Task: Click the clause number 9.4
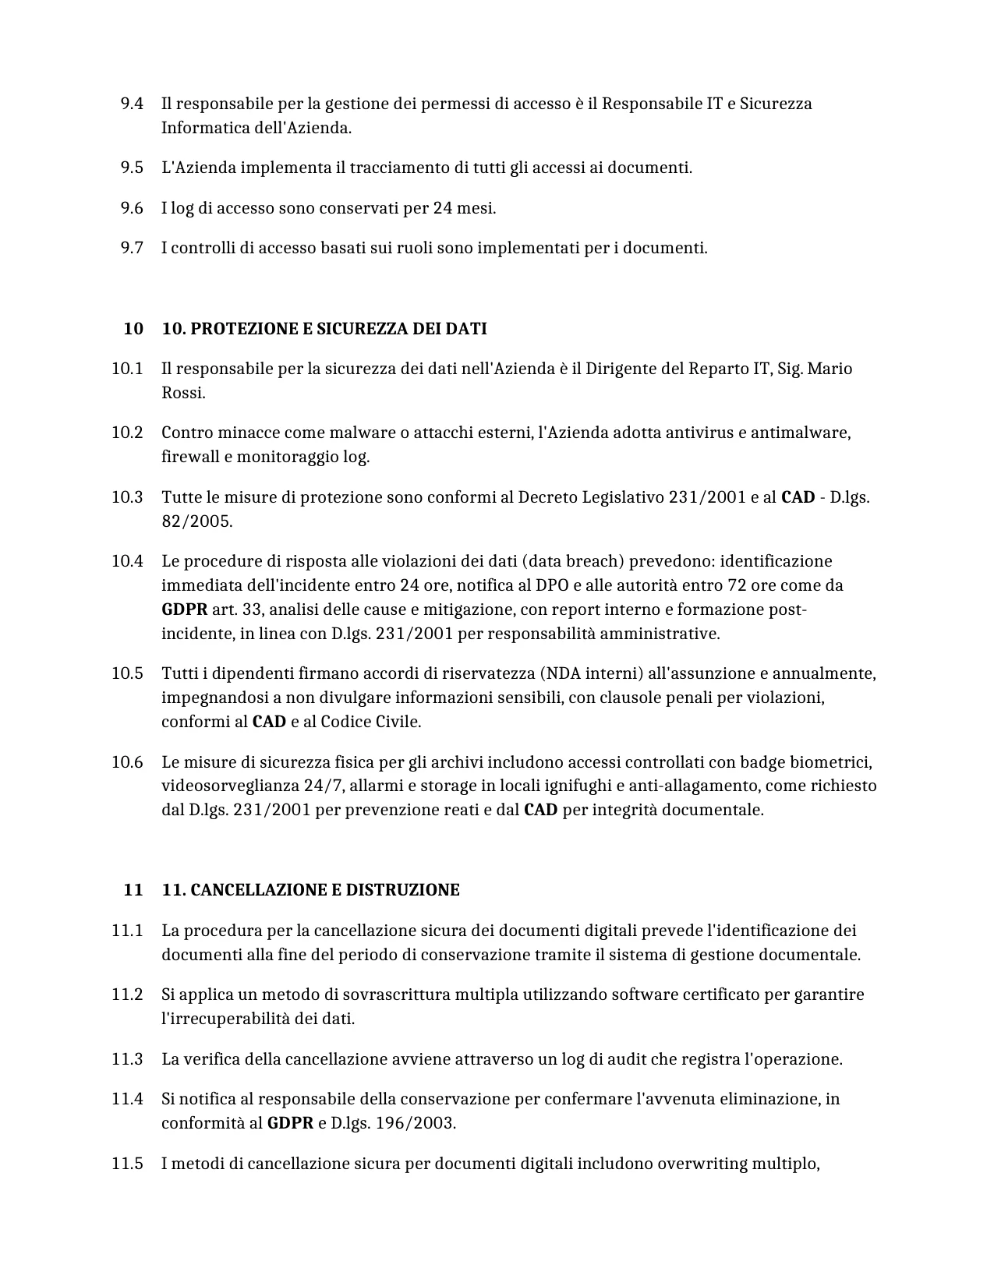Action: (x=132, y=104)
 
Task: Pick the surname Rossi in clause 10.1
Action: (x=182, y=393)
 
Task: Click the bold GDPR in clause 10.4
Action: (x=184, y=609)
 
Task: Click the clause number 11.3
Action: (x=127, y=1059)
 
